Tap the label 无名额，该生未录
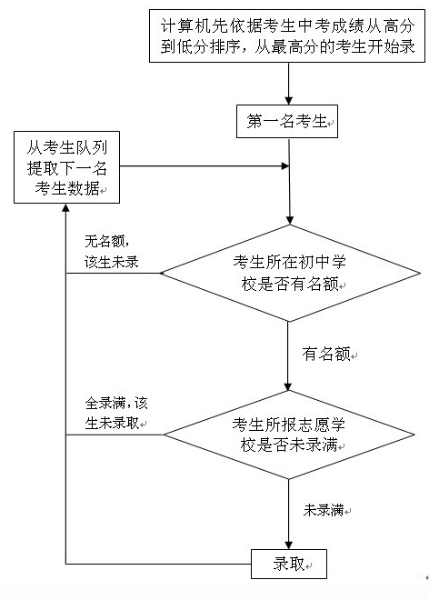tap(111, 252)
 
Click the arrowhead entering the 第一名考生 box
tap(288, 101)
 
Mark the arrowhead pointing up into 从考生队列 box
tap(65, 207)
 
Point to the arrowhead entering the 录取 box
tap(288, 545)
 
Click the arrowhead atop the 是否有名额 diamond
tap(290, 220)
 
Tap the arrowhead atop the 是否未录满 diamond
tap(288, 386)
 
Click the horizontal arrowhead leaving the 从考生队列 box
tap(285, 166)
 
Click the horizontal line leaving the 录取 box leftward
tap(158, 564)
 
